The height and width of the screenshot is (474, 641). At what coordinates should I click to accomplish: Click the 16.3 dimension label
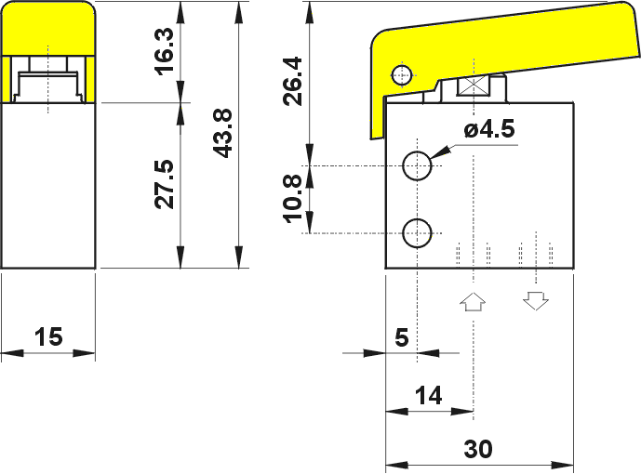click(x=165, y=51)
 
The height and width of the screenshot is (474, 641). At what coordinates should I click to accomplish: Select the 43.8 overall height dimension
click(x=222, y=133)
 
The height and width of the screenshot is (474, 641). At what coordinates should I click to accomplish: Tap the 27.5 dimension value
click(x=165, y=185)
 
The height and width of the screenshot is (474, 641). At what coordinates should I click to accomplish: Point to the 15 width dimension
click(x=48, y=336)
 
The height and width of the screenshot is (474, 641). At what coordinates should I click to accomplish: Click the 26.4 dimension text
click(x=293, y=81)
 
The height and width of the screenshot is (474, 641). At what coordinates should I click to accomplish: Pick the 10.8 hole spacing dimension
click(x=293, y=199)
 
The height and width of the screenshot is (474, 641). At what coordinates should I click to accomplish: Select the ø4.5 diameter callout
click(x=489, y=130)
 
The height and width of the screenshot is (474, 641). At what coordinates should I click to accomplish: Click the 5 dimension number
click(x=402, y=337)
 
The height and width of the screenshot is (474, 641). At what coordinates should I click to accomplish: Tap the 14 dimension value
click(x=429, y=396)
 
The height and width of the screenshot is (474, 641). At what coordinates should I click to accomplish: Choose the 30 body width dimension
click(x=478, y=449)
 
